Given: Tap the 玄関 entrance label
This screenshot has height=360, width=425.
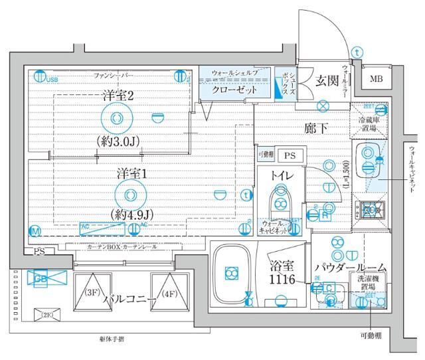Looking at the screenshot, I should [x=327, y=81].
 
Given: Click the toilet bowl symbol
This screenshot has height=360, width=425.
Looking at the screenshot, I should [x=280, y=199].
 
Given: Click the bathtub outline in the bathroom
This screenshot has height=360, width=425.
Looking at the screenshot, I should [x=231, y=273].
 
